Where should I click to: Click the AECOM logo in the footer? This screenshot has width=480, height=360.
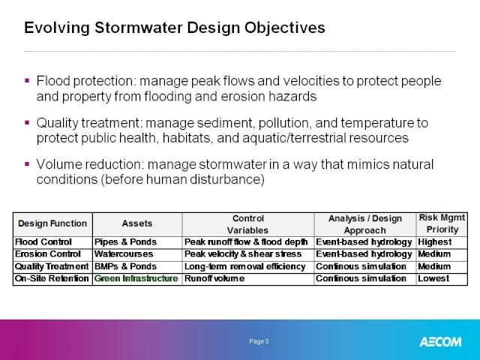[x=440, y=342]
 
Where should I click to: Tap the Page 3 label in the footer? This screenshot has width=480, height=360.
[x=259, y=341]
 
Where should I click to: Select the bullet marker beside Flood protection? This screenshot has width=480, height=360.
[x=27, y=81]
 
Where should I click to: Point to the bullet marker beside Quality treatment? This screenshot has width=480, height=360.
[x=27, y=123]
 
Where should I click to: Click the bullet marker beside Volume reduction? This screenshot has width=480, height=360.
[x=27, y=164]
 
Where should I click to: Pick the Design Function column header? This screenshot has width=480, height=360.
[x=52, y=223]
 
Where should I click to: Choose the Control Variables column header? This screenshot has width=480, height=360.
[x=248, y=224]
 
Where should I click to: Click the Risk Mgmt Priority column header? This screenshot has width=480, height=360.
[x=442, y=223]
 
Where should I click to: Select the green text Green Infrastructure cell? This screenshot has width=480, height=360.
[x=136, y=278]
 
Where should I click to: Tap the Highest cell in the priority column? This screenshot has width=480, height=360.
[x=435, y=242]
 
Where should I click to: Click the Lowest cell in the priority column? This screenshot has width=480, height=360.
[x=433, y=278]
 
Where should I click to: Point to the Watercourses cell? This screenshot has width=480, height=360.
[x=124, y=254]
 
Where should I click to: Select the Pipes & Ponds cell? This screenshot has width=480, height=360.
[x=125, y=242]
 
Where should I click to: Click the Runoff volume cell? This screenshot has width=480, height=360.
[x=214, y=278]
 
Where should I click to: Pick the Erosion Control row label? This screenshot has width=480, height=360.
[x=48, y=254]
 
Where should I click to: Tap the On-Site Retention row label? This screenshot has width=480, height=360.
[x=52, y=278]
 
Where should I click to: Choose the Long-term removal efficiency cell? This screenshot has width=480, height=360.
[x=245, y=267]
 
